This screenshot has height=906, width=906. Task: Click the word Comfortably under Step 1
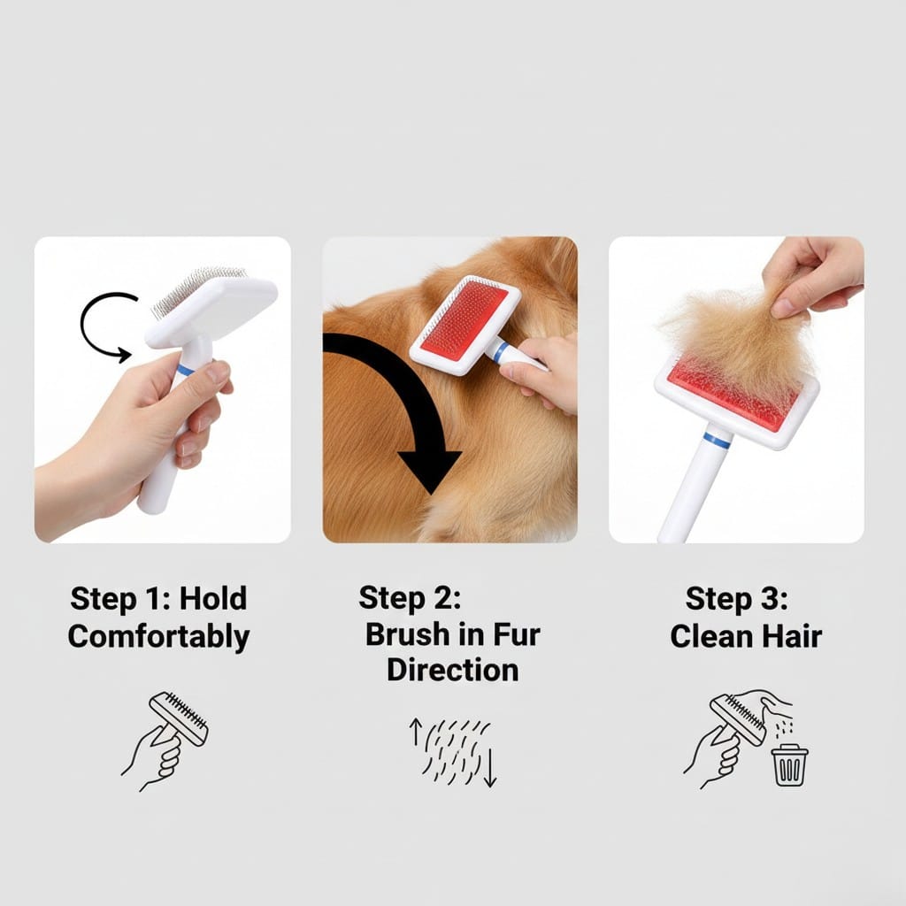tap(158, 636)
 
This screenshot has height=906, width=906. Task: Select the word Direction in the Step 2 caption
tap(452, 669)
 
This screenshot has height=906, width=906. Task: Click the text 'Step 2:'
tap(410, 597)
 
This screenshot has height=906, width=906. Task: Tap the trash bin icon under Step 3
tap(789, 764)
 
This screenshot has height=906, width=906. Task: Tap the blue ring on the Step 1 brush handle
tap(186, 370)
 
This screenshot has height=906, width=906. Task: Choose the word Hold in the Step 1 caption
tap(213, 598)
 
